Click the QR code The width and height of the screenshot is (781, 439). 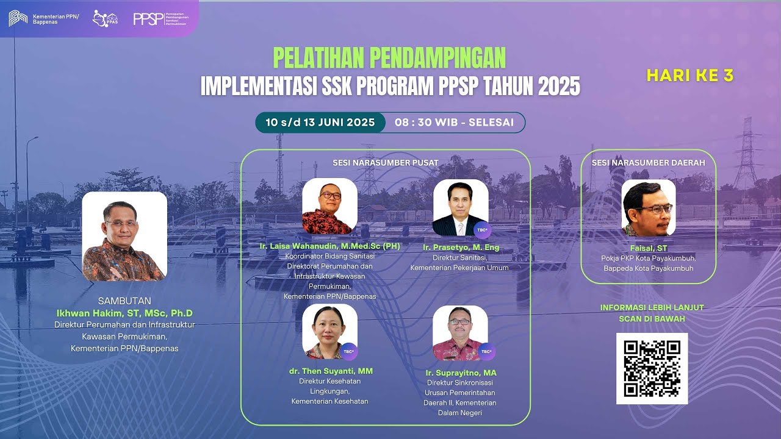[x=652, y=368]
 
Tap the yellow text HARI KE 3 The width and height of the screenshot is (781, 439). [x=689, y=76]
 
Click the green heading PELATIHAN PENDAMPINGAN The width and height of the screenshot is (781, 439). [x=389, y=58]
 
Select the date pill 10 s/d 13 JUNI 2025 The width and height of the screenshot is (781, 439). [x=320, y=122]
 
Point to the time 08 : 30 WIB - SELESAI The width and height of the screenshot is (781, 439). [x=454, y=122]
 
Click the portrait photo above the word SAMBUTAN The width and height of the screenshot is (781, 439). [x=124, y=237]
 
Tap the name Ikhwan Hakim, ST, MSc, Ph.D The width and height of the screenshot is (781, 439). [x=124, y=313]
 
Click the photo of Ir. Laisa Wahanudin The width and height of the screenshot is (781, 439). [x=329, y=206]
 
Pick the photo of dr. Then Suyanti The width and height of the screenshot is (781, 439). [x=329, y=331]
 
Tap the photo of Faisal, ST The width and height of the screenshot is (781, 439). [x=648, y=207]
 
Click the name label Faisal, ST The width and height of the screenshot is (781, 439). [x=648, y=248]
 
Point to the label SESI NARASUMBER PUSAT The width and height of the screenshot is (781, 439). [x=386, y=163]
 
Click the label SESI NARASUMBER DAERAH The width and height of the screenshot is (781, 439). [x=648, y=163]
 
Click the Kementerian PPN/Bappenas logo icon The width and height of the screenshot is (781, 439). [x=18, y=18]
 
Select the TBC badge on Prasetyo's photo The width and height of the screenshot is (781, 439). [x=482, y=229]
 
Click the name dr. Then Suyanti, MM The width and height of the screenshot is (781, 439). [x=331, y=371]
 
